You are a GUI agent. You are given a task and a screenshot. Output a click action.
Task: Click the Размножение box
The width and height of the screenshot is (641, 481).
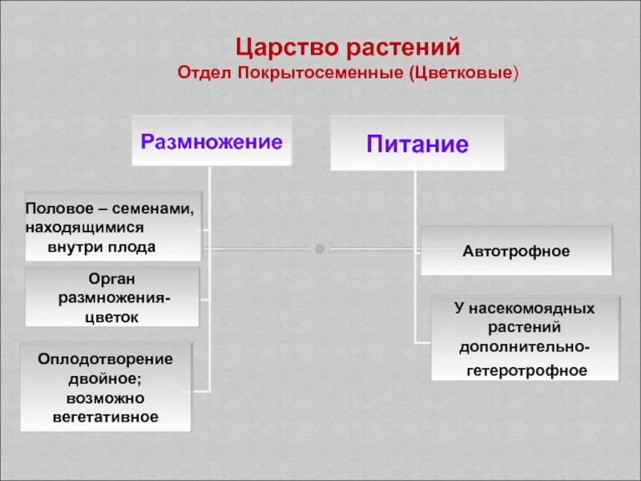tap(212, 142)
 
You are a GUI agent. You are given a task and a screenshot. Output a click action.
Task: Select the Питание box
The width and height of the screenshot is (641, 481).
tap(417, 144)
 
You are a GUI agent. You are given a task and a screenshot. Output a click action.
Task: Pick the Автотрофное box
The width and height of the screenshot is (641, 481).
tap(516, 251)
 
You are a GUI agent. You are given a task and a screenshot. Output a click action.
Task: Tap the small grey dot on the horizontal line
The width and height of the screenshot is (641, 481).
tap(320, 249)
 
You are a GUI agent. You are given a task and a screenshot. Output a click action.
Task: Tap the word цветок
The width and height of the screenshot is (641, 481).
tap(111, 317)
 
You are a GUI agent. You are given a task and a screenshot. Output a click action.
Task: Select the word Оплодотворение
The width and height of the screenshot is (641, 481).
tap(105, 357)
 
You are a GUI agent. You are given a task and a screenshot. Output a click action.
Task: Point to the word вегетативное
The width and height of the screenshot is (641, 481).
tap(105, 417)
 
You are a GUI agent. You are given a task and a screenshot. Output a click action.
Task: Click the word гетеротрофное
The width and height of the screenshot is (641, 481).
tap(526, 371)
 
